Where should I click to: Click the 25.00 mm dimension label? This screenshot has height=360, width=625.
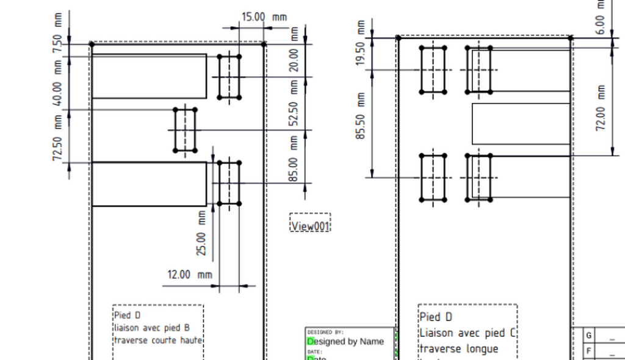[x=202, y=235]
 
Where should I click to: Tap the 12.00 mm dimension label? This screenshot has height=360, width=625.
[x=190, y=275]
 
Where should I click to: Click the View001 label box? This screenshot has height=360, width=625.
[x=310, y=226]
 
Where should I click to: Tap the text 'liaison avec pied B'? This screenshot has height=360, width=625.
[x=151, y=328]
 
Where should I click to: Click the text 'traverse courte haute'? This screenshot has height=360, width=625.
[x=157, y=340]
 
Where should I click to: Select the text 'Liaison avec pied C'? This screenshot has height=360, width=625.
[x=468, y=333]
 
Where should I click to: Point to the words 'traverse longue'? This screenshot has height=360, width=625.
[x=458, y=349]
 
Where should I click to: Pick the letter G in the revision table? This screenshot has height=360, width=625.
[x=588, y=336]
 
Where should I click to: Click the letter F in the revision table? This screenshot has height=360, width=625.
[x=588, y=351]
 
